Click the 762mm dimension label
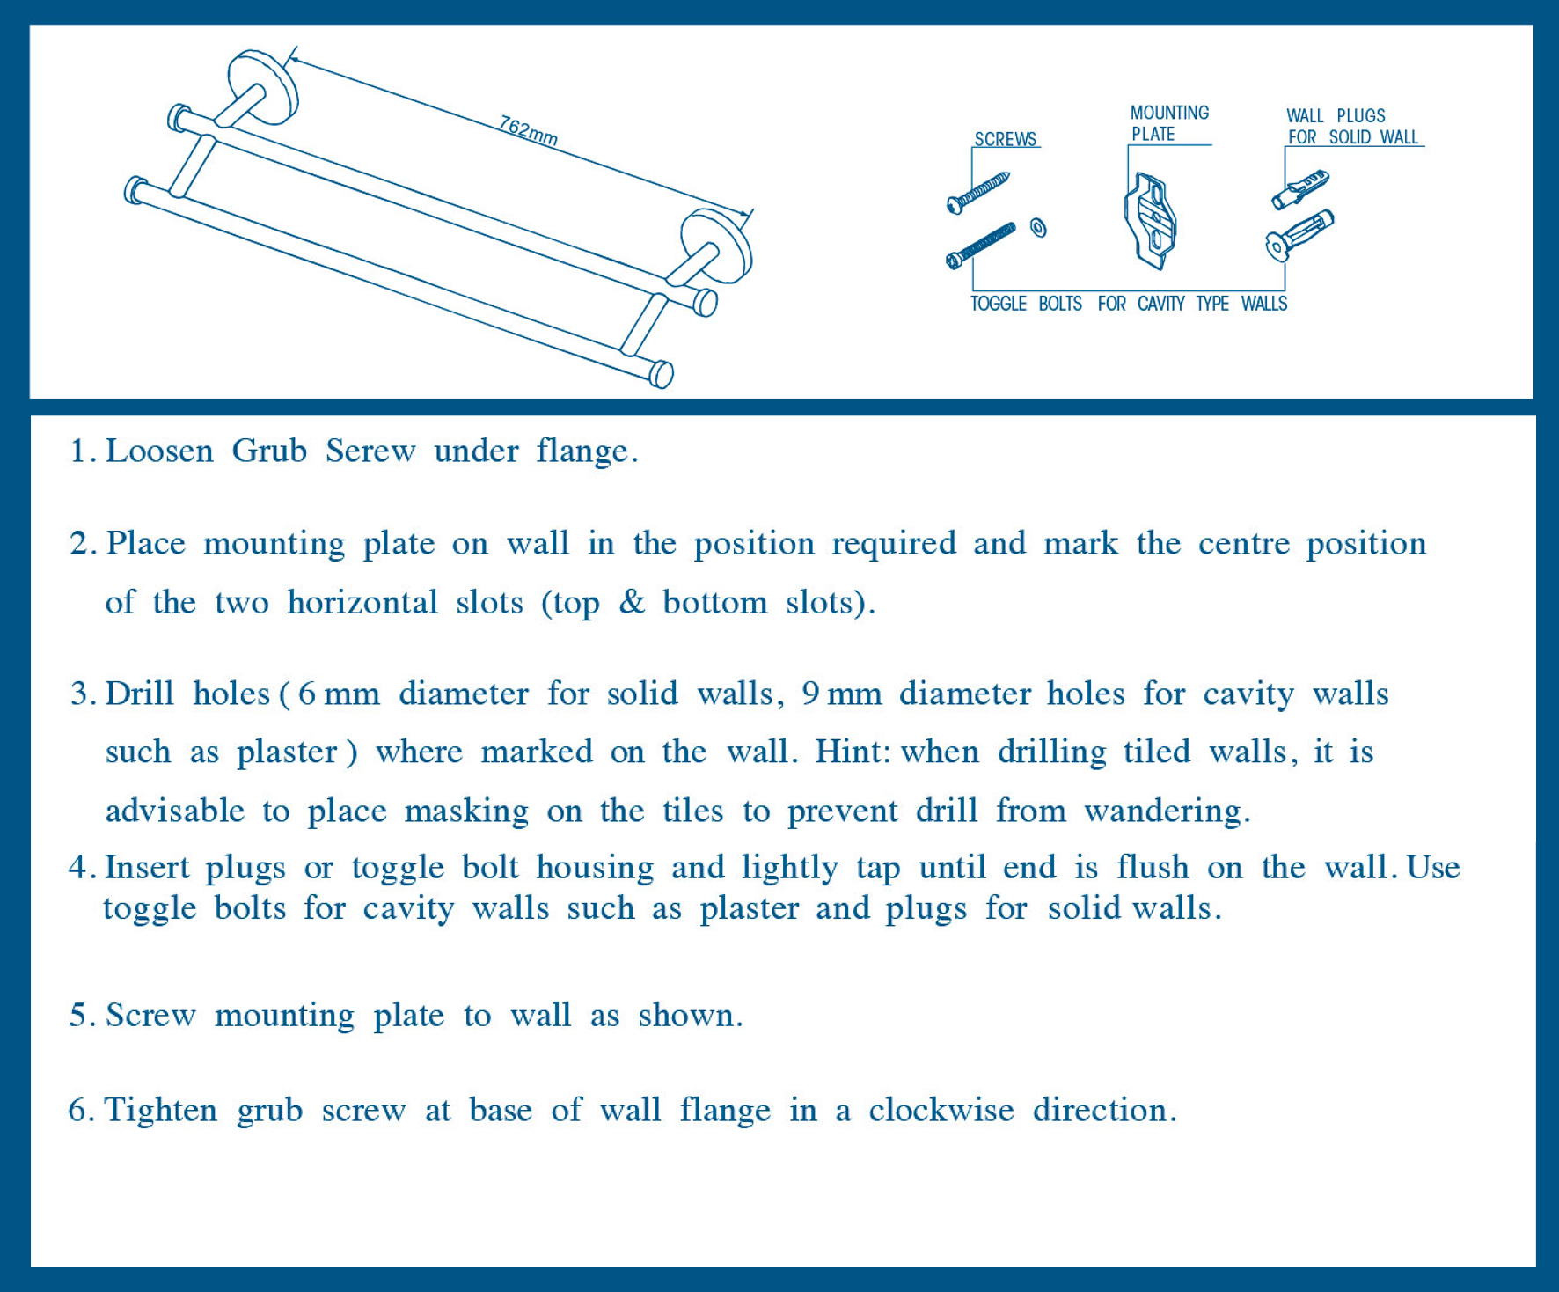529,130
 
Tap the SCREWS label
1006,139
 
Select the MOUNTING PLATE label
1169,123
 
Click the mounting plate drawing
1151,221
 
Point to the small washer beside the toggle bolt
1038,228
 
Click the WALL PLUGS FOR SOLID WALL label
1353,126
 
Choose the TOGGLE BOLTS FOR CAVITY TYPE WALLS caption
1129,304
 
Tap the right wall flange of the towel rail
716,246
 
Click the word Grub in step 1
269,451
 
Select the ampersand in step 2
632,602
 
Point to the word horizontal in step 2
362,602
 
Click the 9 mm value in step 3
842,694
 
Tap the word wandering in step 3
1167,811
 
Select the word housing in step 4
595,869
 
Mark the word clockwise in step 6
941,1110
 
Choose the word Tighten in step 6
161,1111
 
